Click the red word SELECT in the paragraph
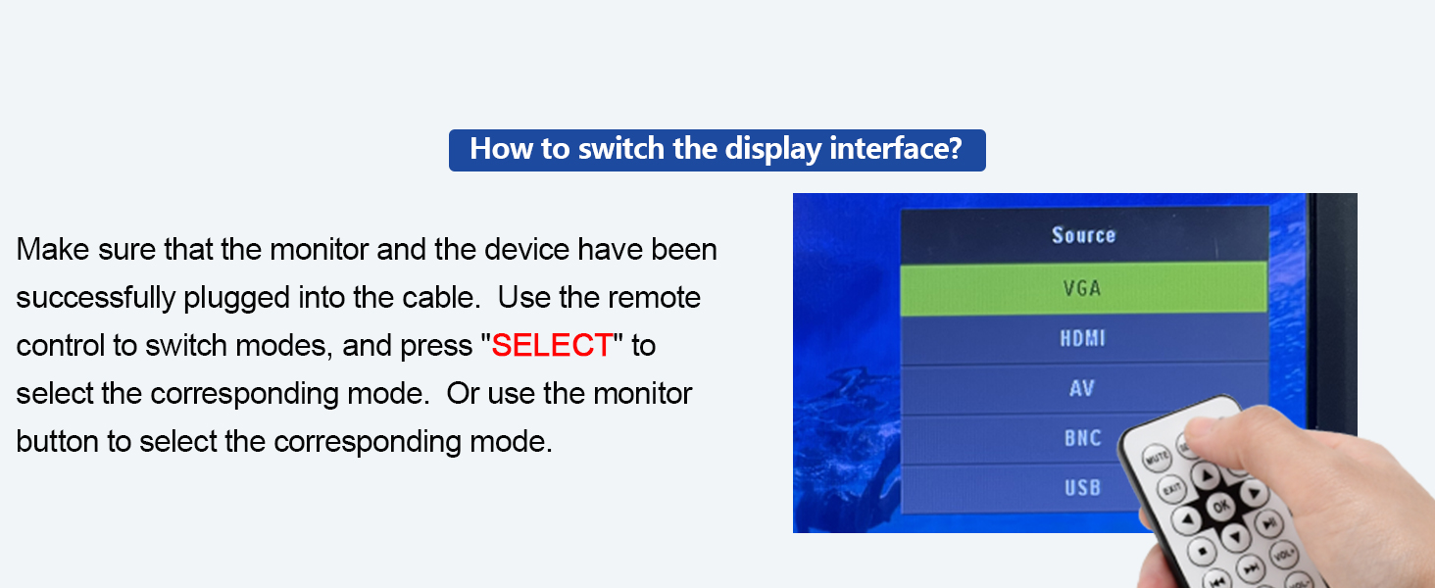(552, 345)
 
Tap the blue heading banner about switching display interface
(717, 150)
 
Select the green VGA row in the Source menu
(1082, 289)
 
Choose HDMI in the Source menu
(1082, 339)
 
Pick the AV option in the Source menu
(1082, 389)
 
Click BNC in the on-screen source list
(1082, 438)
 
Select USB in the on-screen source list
(1082, 487)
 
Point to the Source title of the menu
(1083, 235)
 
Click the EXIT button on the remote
(1170, 489)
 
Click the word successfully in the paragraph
(96, 298)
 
